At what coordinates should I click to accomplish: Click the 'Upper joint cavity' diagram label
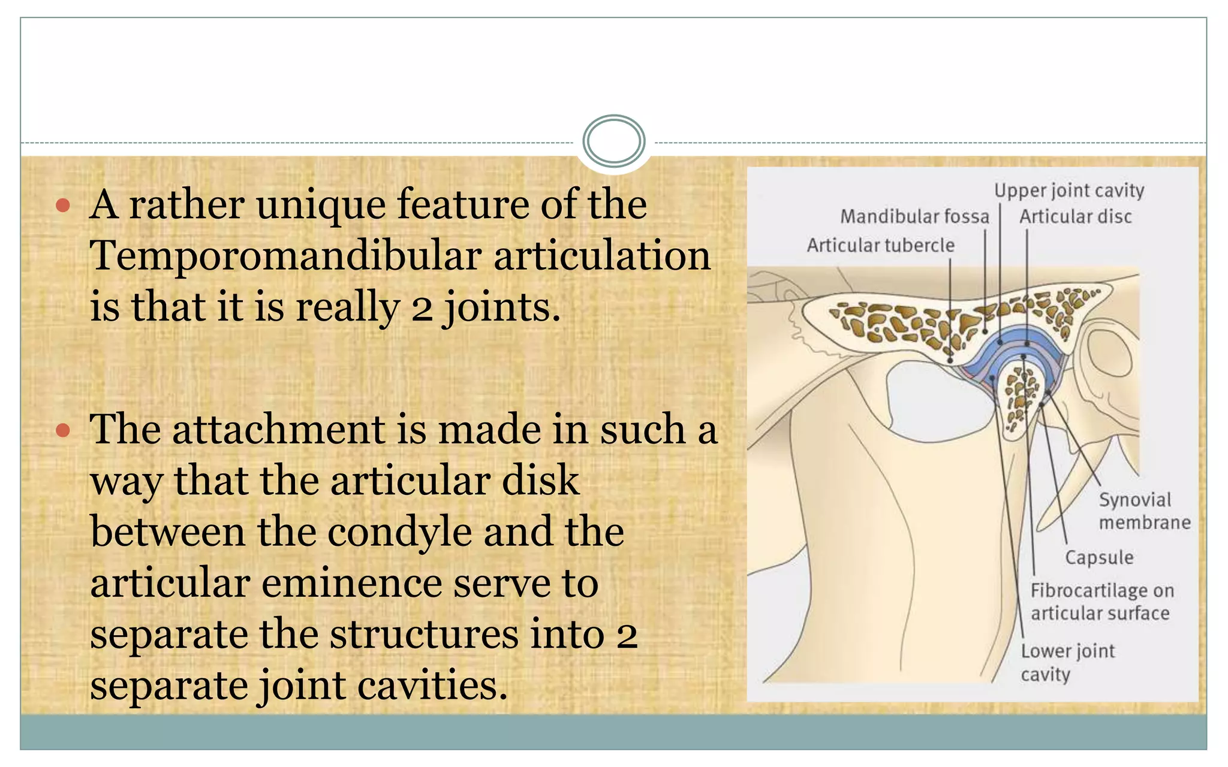(1069, 191)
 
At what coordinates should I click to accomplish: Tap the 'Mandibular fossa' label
(914, 216)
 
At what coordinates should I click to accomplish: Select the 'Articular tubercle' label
(880, 245)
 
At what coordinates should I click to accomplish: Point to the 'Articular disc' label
(1076, 216)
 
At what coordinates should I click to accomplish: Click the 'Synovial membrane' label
(1143, 511)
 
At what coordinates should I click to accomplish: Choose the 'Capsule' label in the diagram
(1099, 557)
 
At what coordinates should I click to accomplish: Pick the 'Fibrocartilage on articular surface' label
(1101, 602)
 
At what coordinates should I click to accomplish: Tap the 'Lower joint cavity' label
(1067, 662)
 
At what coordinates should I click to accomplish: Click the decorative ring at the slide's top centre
(614, 141)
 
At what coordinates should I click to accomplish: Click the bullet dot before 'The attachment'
(63, 430)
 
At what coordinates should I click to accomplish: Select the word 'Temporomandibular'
(285, 256)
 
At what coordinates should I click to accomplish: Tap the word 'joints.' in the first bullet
(502, 307)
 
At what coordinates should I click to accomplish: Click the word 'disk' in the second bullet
(540, 481)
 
